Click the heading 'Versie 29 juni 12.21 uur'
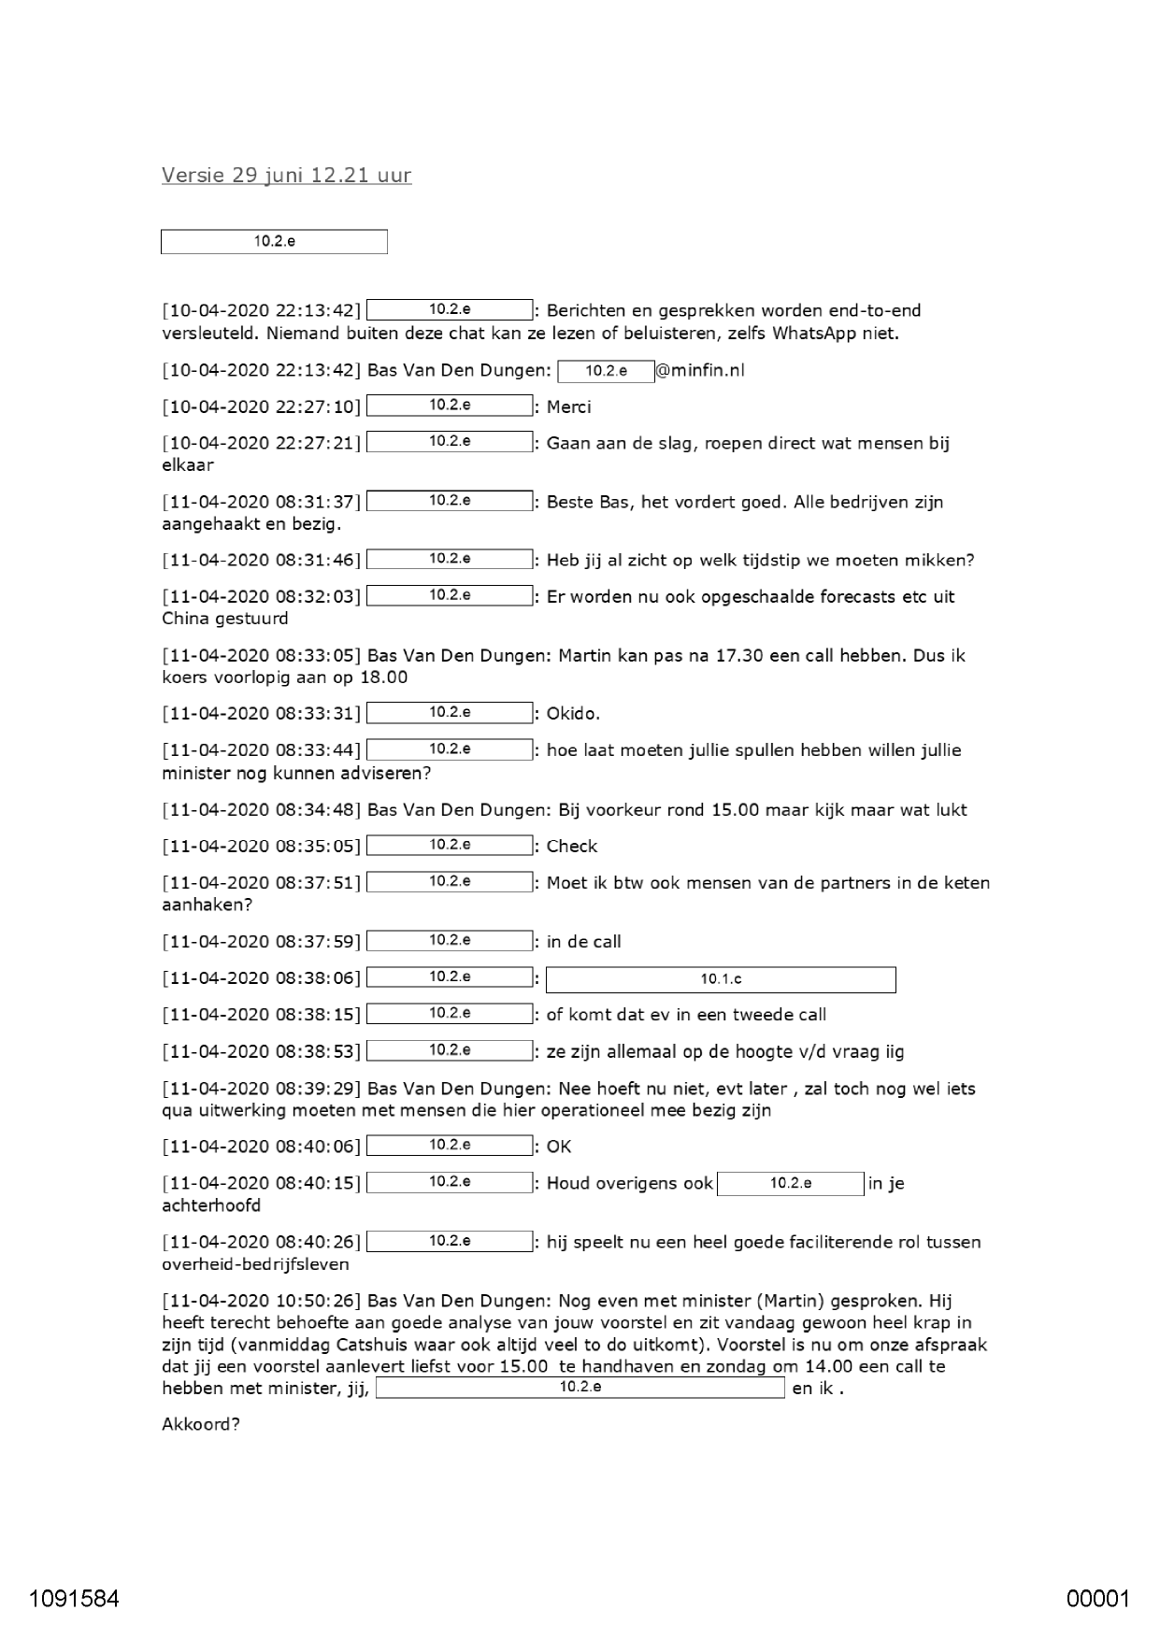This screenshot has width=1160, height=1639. [x=286, y=176]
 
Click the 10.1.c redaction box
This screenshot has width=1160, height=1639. [x=720, y=979]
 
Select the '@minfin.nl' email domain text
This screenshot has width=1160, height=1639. [x=700, y=371]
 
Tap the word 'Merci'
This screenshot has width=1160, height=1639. [x=568, y=407]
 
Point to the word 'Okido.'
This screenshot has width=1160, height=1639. [x=573, y=714]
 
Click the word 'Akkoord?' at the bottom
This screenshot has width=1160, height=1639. [x=201, y=1425]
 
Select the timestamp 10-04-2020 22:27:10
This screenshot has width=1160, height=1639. [x=261, y=407]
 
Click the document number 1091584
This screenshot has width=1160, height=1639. [x=74, y=1598]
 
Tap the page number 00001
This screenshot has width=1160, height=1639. [x=1098, y=1598]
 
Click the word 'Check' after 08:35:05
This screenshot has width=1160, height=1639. [x=571, y=847]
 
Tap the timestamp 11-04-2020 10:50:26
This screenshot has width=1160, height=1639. [x=261, y=1302]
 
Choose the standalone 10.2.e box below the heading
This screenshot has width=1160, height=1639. [x=274, y=242]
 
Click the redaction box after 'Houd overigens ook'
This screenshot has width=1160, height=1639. [x=791, y=1184]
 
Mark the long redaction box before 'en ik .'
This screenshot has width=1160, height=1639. [x=580, y=1388]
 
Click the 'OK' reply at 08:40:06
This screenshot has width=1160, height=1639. [x=559, y=1147]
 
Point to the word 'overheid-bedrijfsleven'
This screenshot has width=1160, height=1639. [x=255, y=1265]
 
